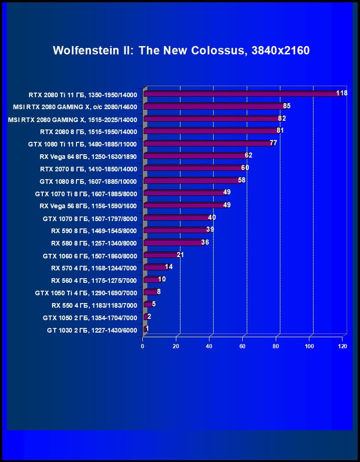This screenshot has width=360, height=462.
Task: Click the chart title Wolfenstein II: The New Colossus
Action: [x=181, y=50]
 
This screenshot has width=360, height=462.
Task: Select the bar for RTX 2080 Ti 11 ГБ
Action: [x=242, y=94]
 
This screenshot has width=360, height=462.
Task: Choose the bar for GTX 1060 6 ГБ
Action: [x=161, y=255]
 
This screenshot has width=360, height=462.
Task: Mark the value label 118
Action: [x=342, y=93]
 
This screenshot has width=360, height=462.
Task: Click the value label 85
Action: [x=287, y=106]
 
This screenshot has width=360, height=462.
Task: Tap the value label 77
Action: [x=273, y=143]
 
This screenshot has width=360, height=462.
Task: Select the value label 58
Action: [x=242, y=180]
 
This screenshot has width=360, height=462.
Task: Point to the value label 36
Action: [x=205, y=242]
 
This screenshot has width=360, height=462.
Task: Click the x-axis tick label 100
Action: [x=309, y=346]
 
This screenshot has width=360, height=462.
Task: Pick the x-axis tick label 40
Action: [x=209, y=346]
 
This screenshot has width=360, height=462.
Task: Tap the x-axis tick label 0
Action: [x=143, y=346]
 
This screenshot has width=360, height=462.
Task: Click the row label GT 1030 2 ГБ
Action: [x=92, y=330]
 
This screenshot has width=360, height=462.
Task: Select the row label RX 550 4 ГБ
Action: [x=94, y=305]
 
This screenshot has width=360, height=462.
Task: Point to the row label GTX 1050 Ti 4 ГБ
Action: [x=86, y=293]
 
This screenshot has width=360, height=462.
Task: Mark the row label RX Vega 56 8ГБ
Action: [x=88, y=205]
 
